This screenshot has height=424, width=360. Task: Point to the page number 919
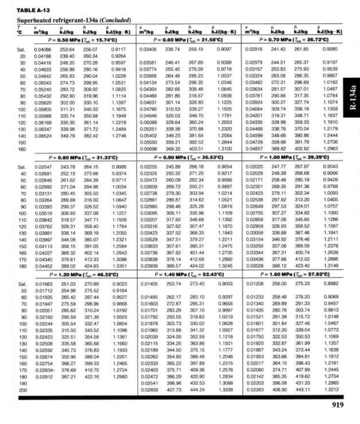[338, 405]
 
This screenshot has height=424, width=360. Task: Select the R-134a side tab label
[352, 97]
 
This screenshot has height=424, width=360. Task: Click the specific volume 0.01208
[253, 284]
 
